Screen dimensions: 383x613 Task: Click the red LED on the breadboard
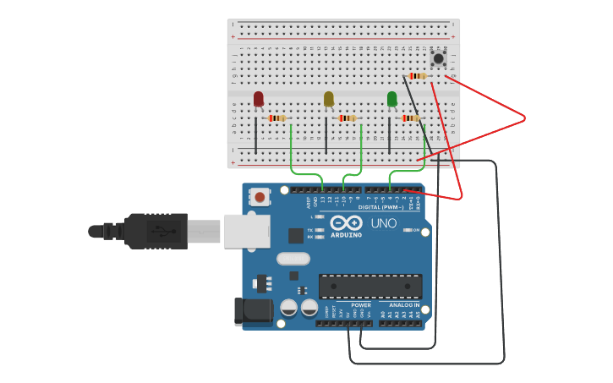(x=259, y=99)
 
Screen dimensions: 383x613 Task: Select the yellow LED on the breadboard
(x=329, y=99)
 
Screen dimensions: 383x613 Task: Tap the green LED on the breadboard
(x=391, y=99)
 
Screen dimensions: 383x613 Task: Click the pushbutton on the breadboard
(x=438, y=58)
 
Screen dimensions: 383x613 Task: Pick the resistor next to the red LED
(x=277, y=118)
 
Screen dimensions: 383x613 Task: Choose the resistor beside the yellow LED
(x=347, y=118)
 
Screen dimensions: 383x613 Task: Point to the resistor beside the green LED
(x=410, y=118)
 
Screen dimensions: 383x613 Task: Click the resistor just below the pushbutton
(x=417, y=76)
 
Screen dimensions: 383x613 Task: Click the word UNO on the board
(x=384, y=223)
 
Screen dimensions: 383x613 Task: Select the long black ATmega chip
(x=369, y=287)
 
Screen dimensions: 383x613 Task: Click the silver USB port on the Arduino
(x=247, y=231)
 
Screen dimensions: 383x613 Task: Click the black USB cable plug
(x=156, y=231)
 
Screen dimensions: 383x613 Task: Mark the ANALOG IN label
(x=403, y=305)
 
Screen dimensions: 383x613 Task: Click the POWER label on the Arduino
(x=361, y=305)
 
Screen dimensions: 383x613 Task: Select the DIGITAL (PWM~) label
(x=380, y=207)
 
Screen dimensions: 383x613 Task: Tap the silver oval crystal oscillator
(x=293, y=260)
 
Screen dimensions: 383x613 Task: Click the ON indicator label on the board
(x=416, y=230)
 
